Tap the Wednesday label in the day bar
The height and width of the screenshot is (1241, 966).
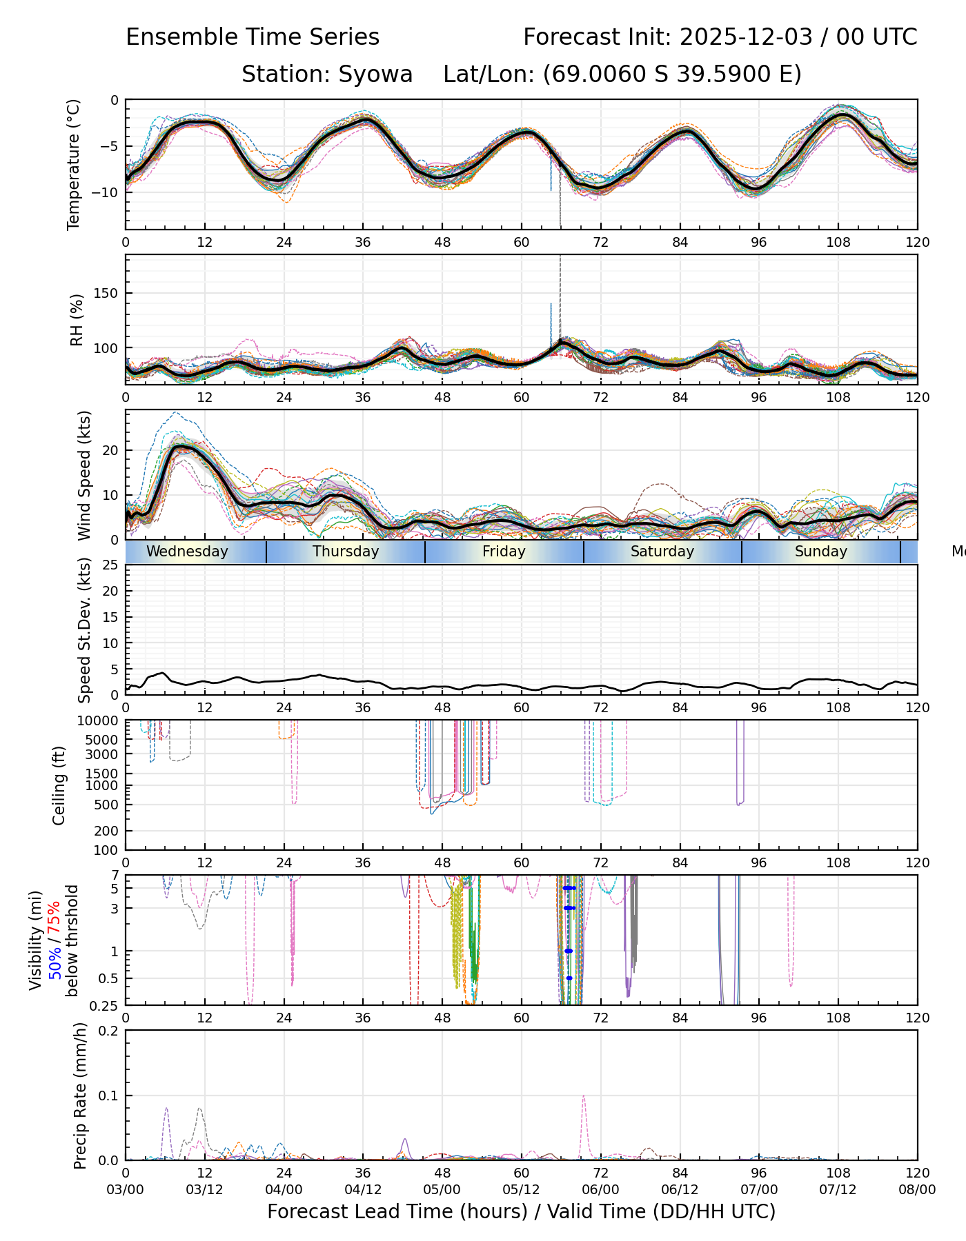187,552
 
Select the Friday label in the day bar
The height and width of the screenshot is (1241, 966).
504,552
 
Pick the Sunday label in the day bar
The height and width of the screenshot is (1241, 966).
820,552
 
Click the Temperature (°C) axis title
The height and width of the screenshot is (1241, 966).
74,164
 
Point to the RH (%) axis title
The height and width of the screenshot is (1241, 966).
76,320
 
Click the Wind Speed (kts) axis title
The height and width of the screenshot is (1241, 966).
84,475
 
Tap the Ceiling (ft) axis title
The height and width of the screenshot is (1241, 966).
59,785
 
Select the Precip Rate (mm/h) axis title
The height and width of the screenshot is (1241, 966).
81,1096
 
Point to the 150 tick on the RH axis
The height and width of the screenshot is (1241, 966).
106,293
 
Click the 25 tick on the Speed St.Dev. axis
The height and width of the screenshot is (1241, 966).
110,565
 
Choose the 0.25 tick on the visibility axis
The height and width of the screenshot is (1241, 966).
105,1005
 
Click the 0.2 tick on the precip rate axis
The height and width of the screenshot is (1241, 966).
108,1031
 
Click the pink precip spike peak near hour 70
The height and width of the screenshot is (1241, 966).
584,1096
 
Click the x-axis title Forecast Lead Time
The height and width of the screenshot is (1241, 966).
521,1211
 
